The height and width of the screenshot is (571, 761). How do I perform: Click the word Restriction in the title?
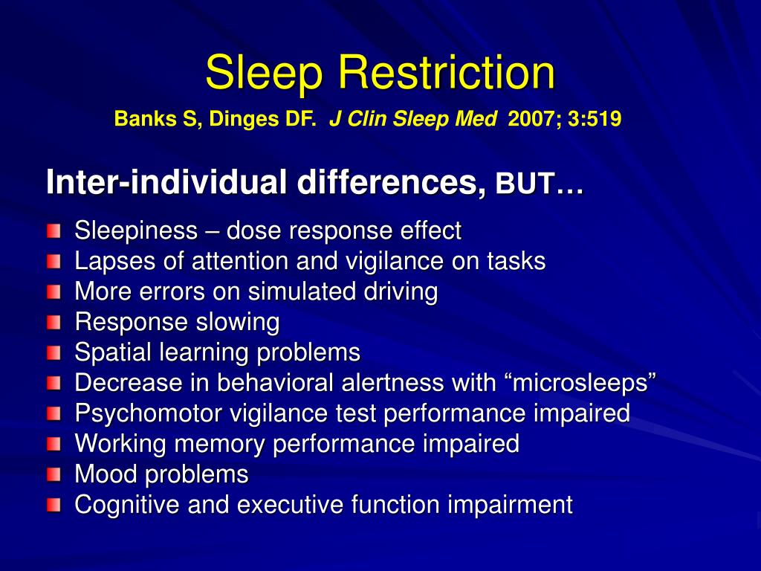coord(447,73)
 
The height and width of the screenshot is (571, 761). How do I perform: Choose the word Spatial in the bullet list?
coord(110,352)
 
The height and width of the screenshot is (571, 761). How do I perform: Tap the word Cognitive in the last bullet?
coord(127,505)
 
